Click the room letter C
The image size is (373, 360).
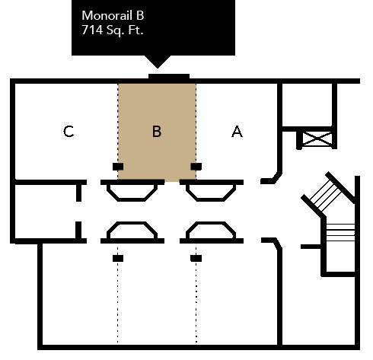69,132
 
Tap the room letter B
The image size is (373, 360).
157,132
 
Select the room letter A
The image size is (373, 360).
237,132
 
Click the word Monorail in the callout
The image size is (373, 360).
107,15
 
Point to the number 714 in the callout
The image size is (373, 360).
92,30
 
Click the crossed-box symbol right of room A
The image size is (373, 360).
317,139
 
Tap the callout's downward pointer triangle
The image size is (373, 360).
158,62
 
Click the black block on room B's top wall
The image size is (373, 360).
169,77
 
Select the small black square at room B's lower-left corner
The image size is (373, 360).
118,167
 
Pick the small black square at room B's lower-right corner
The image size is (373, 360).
196,167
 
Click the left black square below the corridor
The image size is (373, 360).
118,258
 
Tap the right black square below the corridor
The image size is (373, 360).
196,258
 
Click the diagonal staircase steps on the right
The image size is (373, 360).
326,194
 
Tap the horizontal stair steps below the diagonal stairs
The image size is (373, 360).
340,232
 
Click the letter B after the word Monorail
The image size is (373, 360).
140,15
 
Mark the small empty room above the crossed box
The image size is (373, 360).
307,105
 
